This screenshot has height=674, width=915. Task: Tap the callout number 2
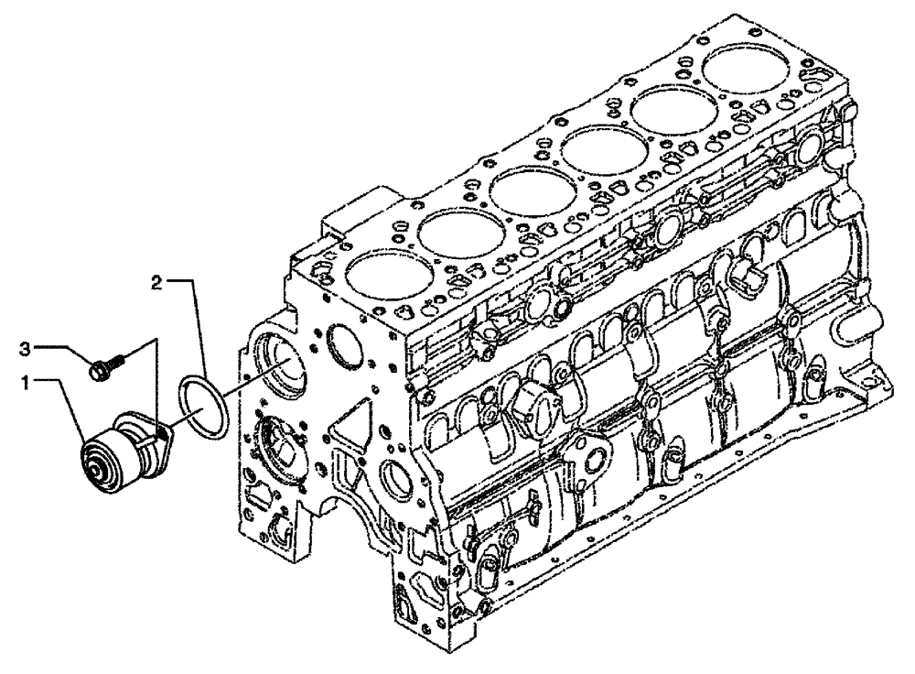(156, 284)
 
